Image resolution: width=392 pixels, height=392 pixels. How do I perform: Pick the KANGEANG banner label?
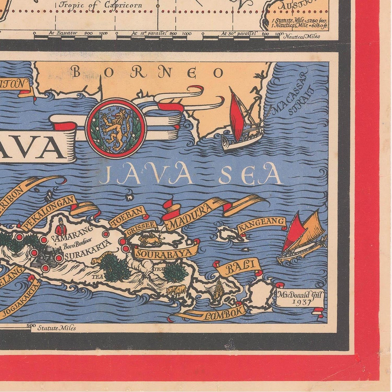[x=262, y=225]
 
